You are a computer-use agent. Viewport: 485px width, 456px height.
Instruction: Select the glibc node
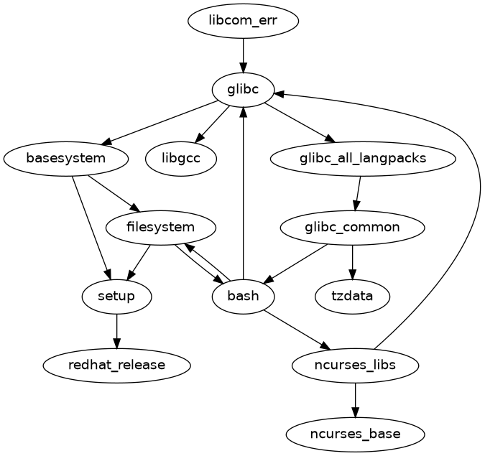coord(244,90)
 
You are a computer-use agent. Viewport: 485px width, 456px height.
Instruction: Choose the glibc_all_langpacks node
coord(363,158)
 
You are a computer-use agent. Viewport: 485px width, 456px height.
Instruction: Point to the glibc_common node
coord(352,228)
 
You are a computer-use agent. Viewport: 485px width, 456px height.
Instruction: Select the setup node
coord(116,296)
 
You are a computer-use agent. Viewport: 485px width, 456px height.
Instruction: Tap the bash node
coord(244,296)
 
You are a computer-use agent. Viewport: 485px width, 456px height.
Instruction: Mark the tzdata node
coord(352,296)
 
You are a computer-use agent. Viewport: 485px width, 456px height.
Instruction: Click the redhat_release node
coord(116,365)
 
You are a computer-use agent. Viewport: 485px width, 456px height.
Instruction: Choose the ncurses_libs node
coord(355,365)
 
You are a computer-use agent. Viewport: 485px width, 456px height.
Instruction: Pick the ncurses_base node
coord(355,434)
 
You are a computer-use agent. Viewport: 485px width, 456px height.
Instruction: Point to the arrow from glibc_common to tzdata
coord(352,261)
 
